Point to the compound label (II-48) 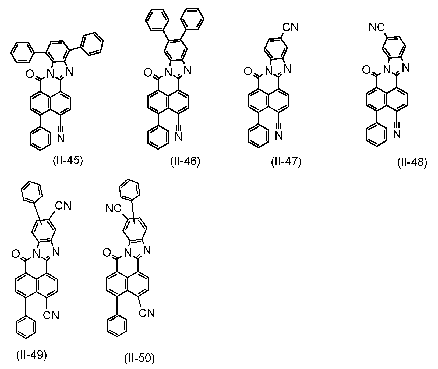point(412,163)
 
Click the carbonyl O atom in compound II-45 point(29,73)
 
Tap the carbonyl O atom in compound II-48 point(366,70)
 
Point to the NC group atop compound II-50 point(114,209)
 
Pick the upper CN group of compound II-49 point(63,206)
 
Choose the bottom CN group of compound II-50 point(147,313)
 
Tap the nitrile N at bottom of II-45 point(61,138)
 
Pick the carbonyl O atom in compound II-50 point(107,253)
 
